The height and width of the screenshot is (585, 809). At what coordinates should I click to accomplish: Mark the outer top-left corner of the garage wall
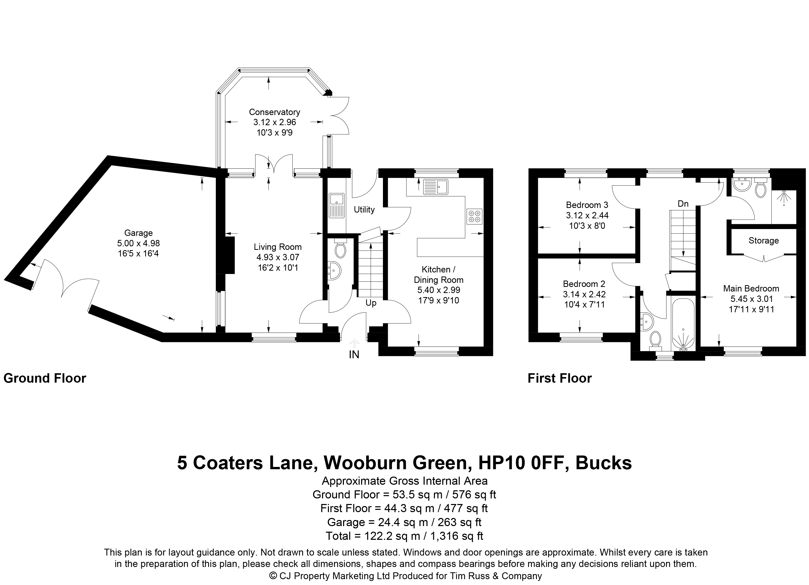point(108,155)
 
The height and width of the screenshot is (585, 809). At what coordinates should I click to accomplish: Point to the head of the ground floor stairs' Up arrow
point(371,244)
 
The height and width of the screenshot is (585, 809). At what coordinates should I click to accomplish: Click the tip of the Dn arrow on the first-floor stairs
point(683,256)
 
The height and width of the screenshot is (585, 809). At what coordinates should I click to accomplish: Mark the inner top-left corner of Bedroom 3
point(538,177)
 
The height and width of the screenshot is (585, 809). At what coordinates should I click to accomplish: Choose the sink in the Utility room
point(336,205)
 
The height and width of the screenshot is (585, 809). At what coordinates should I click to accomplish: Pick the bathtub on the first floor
point(683,323)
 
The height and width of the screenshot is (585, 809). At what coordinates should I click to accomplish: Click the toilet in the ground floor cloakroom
point(340,248)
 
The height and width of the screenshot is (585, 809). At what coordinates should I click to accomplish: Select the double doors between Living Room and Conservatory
point(274,164)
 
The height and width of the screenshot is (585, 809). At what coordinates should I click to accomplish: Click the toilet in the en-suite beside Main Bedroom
point(761,188)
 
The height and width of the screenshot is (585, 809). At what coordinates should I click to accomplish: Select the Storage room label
point(763,241)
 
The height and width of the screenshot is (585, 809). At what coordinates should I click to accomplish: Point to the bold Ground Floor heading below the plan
point(45,378)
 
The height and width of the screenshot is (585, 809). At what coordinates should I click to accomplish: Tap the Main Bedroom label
point(751,289)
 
